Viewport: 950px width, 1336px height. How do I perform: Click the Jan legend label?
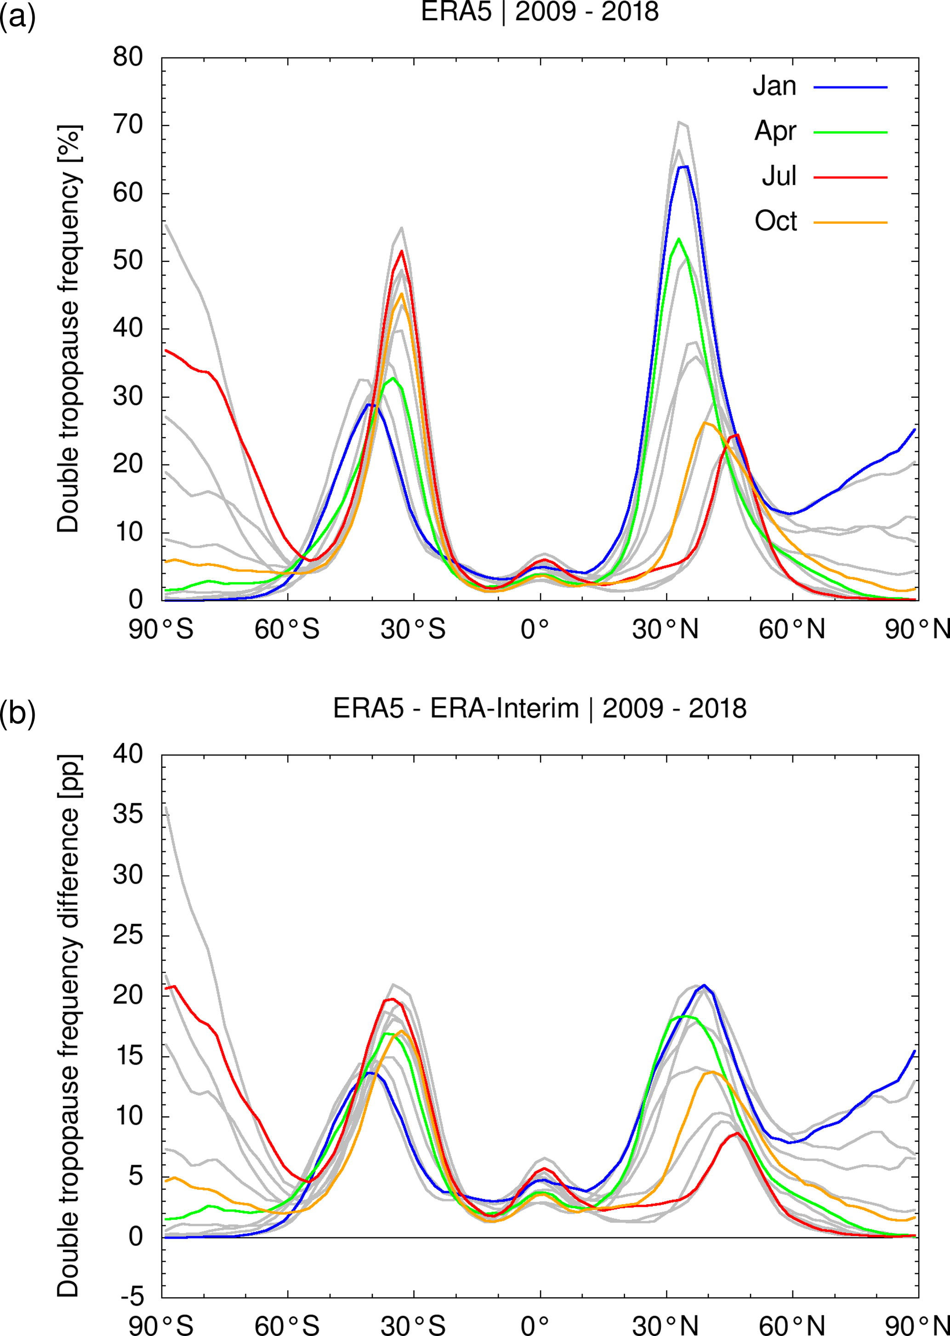[774, 86]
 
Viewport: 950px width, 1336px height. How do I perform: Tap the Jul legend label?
[779, 176]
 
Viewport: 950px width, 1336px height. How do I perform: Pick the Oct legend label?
[776, 221]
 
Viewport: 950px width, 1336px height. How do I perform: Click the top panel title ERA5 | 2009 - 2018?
[540, 11]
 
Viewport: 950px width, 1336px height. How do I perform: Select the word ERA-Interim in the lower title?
[504, 708]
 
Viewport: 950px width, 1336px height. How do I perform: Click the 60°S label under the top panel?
[287, 630]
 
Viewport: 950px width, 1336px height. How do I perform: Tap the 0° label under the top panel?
[535, 630]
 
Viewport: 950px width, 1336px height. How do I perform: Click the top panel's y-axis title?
[68, 328]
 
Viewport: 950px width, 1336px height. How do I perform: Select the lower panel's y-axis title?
[68, 1025]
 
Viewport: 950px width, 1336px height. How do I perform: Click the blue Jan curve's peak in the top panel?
[683, 167]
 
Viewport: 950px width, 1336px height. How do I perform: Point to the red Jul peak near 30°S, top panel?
[402, 251]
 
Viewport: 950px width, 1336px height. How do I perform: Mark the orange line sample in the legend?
[850, 223]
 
